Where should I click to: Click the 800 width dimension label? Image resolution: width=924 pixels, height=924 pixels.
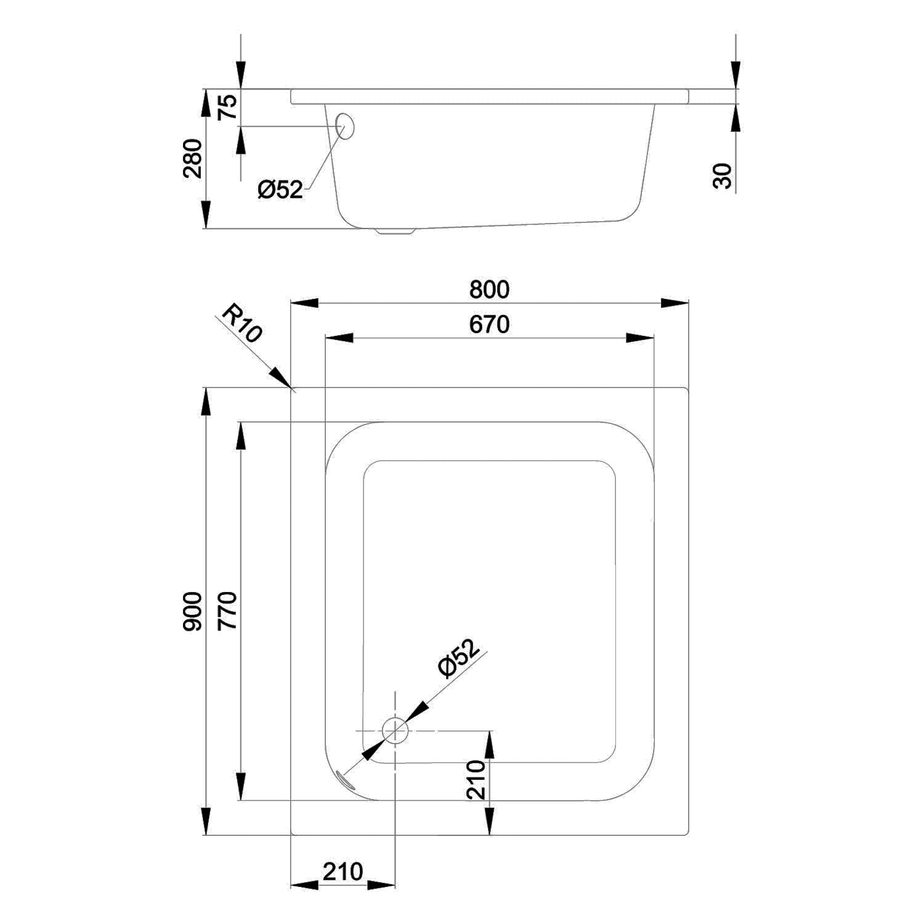pos(489,290)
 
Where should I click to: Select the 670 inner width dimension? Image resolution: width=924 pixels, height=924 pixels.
pos(489,325)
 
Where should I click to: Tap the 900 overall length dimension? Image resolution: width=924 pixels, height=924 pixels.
pos(193,610)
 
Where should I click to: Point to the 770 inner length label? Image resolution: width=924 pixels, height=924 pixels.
pos(228,610)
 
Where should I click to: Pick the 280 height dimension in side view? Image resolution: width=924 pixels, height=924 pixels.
pos(193,158)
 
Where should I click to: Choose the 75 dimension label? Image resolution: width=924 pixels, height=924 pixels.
pos(228,108)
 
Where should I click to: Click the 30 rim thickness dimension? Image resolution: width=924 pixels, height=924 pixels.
pos(724,176)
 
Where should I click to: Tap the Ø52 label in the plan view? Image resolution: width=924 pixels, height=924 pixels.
pos(458,659)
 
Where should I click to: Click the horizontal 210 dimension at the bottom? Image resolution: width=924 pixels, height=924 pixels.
pos(342,872)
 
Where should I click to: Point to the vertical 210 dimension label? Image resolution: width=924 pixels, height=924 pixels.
pos(476,780)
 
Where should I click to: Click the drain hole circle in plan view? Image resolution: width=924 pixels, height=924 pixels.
pos(395,731)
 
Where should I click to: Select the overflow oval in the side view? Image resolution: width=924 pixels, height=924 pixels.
pos(346,126)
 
